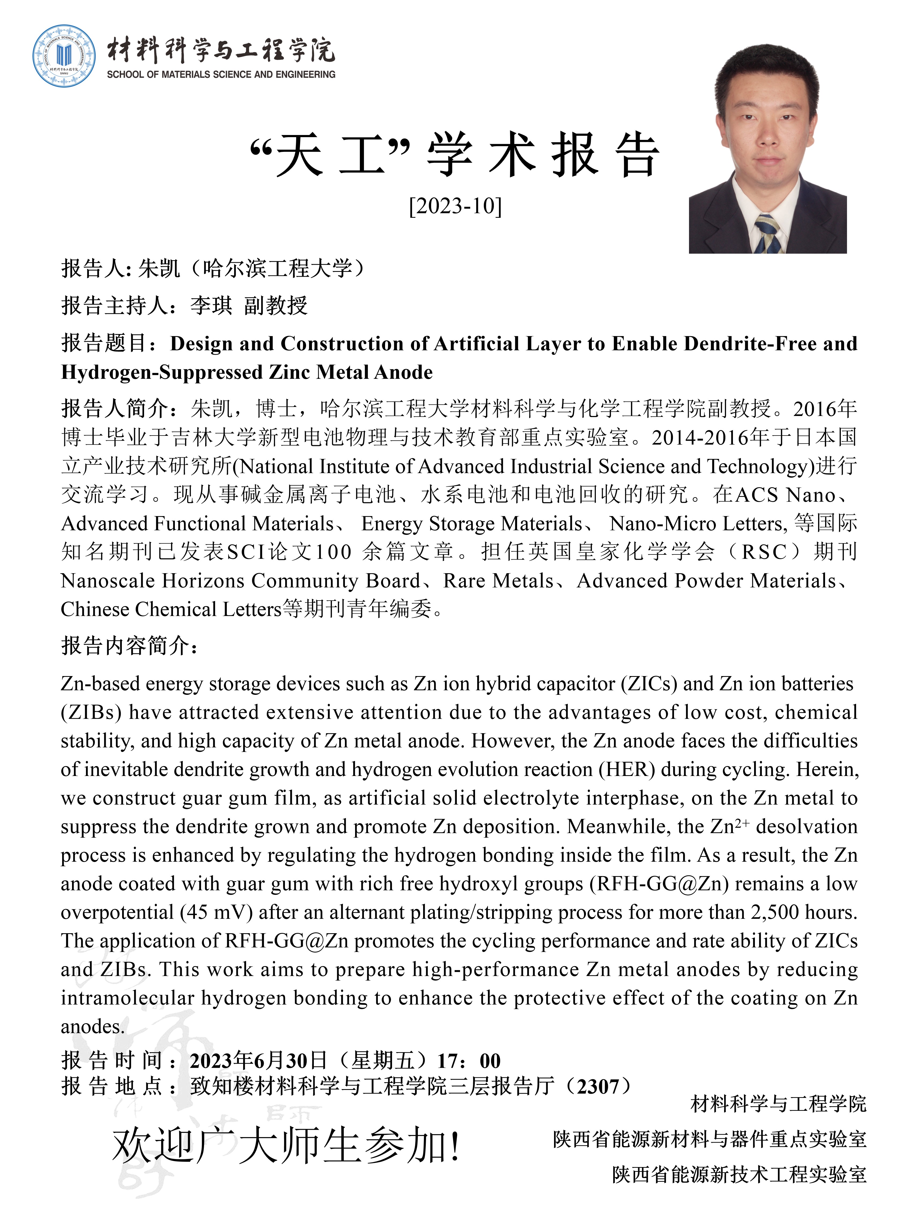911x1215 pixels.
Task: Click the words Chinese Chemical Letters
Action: pyautogui.click(x=171, y=609)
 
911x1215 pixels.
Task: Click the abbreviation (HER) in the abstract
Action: pyautogui.click(x=627, y=770)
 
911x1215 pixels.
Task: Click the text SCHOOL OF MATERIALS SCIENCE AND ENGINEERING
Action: pyautogui.click(x=221, y=74)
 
